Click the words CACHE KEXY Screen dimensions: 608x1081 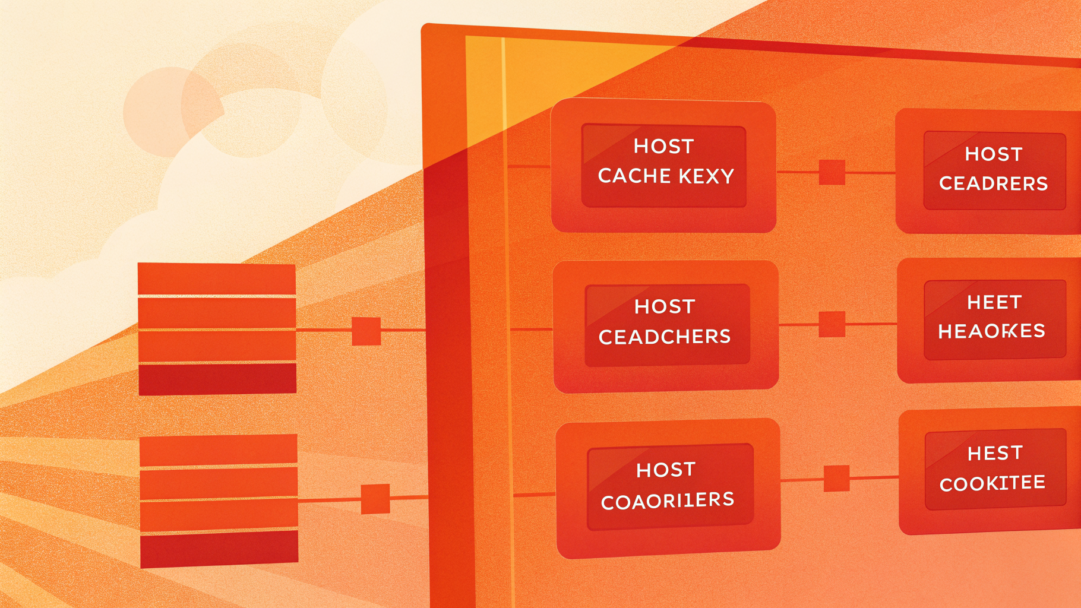pyautogui.click(x=666, y=176)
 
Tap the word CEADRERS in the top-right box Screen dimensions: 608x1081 pyautogui.click(x=993, y=183)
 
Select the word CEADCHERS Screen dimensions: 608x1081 pyautogui.click(x=665, y=337)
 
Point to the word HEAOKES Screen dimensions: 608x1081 pyautogui.click(x=991, y=331)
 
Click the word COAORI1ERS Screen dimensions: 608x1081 pyautogui.click(x=668, y=501)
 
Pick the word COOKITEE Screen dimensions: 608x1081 pyautogui.click(x=992, y=483)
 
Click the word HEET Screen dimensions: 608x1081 pyautogui.click(x=994, y=303)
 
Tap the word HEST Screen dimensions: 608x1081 pyautogui.click(x=995, y=454)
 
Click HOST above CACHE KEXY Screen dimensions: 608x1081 pyautogui.click(x=663, y=147)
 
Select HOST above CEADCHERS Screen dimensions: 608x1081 pyautogui.click(x=665, y=307)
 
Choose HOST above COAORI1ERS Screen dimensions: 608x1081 pyautogui.click(x=666, y=470)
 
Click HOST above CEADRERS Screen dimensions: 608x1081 pyautogui.click(x=993, y=154)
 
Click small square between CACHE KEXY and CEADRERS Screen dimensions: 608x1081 pyautogui.click(x=832, y=172)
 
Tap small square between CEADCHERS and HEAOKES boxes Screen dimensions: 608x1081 pyautogui.click(x=832, y=324)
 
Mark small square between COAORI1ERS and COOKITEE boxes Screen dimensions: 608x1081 pyautogui.click(x=836, y=479)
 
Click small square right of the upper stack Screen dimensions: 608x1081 pyautogui.click(x=366, y=331)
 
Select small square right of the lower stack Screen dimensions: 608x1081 pyautogui.click(x=375, y=499)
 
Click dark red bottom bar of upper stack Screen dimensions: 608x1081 pyautogui.click(x=217, y=379)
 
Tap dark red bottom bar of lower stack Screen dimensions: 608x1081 pyautogui.click(x=219, y=549)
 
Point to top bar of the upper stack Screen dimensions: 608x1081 pyautogui.click(x=217, y=278)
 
